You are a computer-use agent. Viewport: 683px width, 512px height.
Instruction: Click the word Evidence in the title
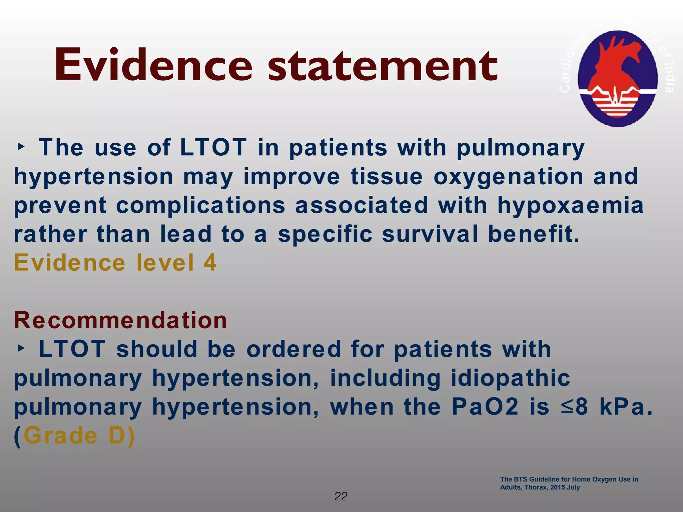pyautogui.click(x=153, y=65)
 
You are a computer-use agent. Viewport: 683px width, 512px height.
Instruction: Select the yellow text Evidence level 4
pyautogui.click(x=115, y=263)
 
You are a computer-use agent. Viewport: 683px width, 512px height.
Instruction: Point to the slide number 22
pyautogui.click(x=341, y=496)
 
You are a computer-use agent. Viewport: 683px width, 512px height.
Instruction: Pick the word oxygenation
pyautogui.click(x=508, y=177)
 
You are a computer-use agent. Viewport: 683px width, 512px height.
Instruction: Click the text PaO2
pyautogui.click(x=485, y=407)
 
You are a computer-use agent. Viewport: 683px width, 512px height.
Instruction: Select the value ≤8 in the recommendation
pyautogui.click(x=574, y=407)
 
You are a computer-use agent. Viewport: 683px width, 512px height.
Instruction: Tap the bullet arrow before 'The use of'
pyautogui.click(x=21, y=147)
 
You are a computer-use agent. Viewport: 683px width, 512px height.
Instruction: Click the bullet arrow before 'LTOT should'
pyautogui.click(x=21, y=348)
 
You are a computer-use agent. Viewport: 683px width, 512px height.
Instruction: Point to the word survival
pyautogui.click(x=430, y=234)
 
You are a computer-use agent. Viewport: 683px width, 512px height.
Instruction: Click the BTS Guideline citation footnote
pyautogui.click(x=569, y=483)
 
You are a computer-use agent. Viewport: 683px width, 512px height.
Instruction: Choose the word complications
pyautogui.click(x=200, y=205)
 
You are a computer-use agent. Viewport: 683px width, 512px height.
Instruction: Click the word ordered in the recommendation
pyautogui.click(x=294, y=349)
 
